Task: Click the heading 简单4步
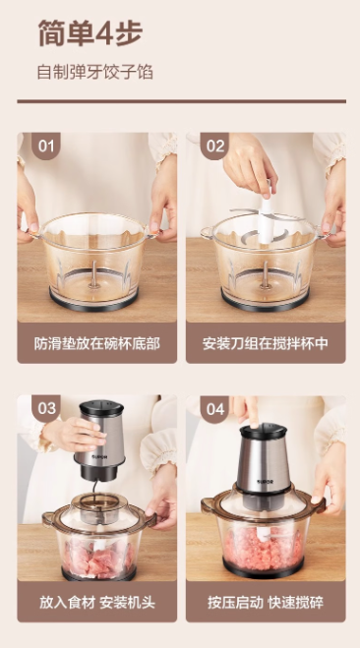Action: point(90,32)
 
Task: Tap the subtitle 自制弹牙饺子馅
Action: point(95,72)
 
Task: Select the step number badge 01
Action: point(46,146)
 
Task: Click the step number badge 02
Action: point(215,146)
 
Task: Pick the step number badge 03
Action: point(46,408)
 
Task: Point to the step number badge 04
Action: point(215,409)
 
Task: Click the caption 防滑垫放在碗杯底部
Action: point(96,343)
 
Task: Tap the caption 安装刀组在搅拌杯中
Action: point(266,343)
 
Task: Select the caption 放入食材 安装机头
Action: point(96,602)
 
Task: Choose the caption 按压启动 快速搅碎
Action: point(266,602)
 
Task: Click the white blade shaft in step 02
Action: point(265,217)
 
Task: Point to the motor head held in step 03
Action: point(100,441)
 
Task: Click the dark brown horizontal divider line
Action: point(181,101)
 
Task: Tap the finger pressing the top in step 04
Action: point(251,411)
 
